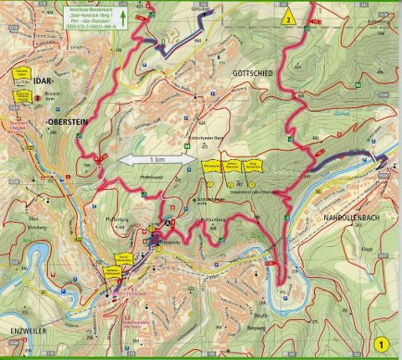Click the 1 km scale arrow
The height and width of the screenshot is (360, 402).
pyautogui.click(x=157, y=158)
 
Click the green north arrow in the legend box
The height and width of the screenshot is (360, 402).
pyautogui.click(x=122, y=15)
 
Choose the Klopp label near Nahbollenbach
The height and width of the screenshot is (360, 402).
pyautogui.click(x=365, y=249)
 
